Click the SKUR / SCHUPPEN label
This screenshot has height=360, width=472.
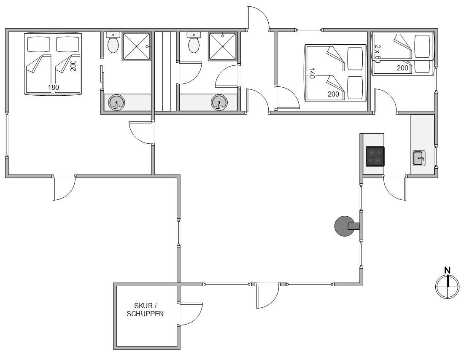point(145,310)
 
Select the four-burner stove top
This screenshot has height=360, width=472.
point(375,156)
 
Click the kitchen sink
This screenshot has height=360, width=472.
point(419,158)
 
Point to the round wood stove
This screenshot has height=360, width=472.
point(344,226)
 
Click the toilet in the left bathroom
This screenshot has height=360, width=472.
point(113,43)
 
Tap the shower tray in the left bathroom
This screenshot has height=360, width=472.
point(136,47)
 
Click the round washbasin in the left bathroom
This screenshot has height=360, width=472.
point(116,102)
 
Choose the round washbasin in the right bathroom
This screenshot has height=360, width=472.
point(219,102)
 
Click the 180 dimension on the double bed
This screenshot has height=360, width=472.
point(53,88)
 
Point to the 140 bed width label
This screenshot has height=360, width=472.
point(312,73)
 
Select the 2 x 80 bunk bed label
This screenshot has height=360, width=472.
point(378,54)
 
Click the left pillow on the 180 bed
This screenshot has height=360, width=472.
point(38,44)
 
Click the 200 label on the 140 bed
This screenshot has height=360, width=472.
point(333,94)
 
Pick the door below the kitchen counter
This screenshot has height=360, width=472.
point(395,188)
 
